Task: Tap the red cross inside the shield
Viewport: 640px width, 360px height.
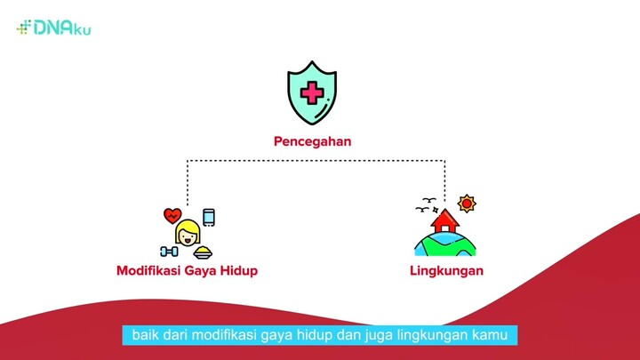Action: point(313,92)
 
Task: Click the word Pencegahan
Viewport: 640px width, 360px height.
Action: point(313,140)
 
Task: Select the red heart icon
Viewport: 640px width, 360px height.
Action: point(173,216)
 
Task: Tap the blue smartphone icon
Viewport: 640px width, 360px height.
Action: point(209,217)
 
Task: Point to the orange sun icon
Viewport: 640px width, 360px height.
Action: point(467,204)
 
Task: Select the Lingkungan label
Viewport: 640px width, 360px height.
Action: point(446,270)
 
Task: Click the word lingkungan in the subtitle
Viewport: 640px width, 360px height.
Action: point(435,335)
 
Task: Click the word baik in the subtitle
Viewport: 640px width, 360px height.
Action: point(144,335)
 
